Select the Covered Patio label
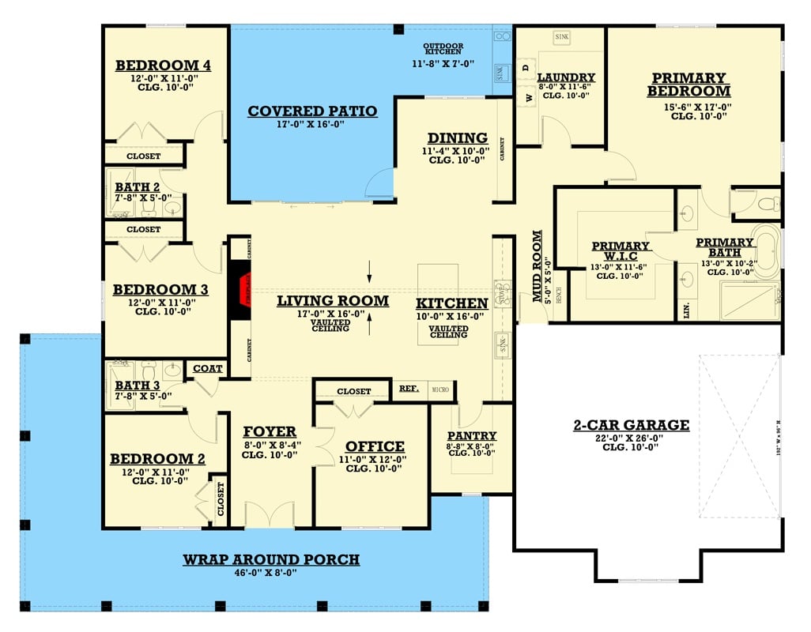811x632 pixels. [x=312, y=111]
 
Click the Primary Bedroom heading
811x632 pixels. [x=688, y=85]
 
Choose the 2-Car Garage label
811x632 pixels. [x=631, y=425]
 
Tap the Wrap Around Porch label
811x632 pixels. [x=271, y=559]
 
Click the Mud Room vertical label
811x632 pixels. [x=538, y=266]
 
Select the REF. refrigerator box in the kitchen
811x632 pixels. [x=409, y=389]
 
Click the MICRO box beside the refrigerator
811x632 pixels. [x=439, y=389]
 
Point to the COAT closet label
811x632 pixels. [x=207, y=368]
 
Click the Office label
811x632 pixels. [x=375, y=446]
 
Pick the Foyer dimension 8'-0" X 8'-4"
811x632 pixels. [x=270, y=444]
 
